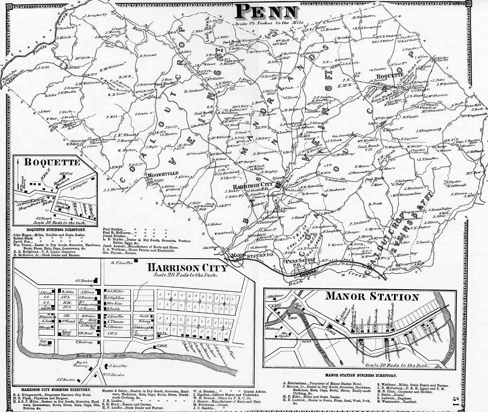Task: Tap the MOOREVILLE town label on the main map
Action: tap(163, 173)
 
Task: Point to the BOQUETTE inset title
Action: tap(52, 162)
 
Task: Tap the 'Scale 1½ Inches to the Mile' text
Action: tap(269, 23)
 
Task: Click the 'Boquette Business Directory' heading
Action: tap(56, 230)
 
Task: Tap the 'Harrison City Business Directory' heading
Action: tap(56, 389)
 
